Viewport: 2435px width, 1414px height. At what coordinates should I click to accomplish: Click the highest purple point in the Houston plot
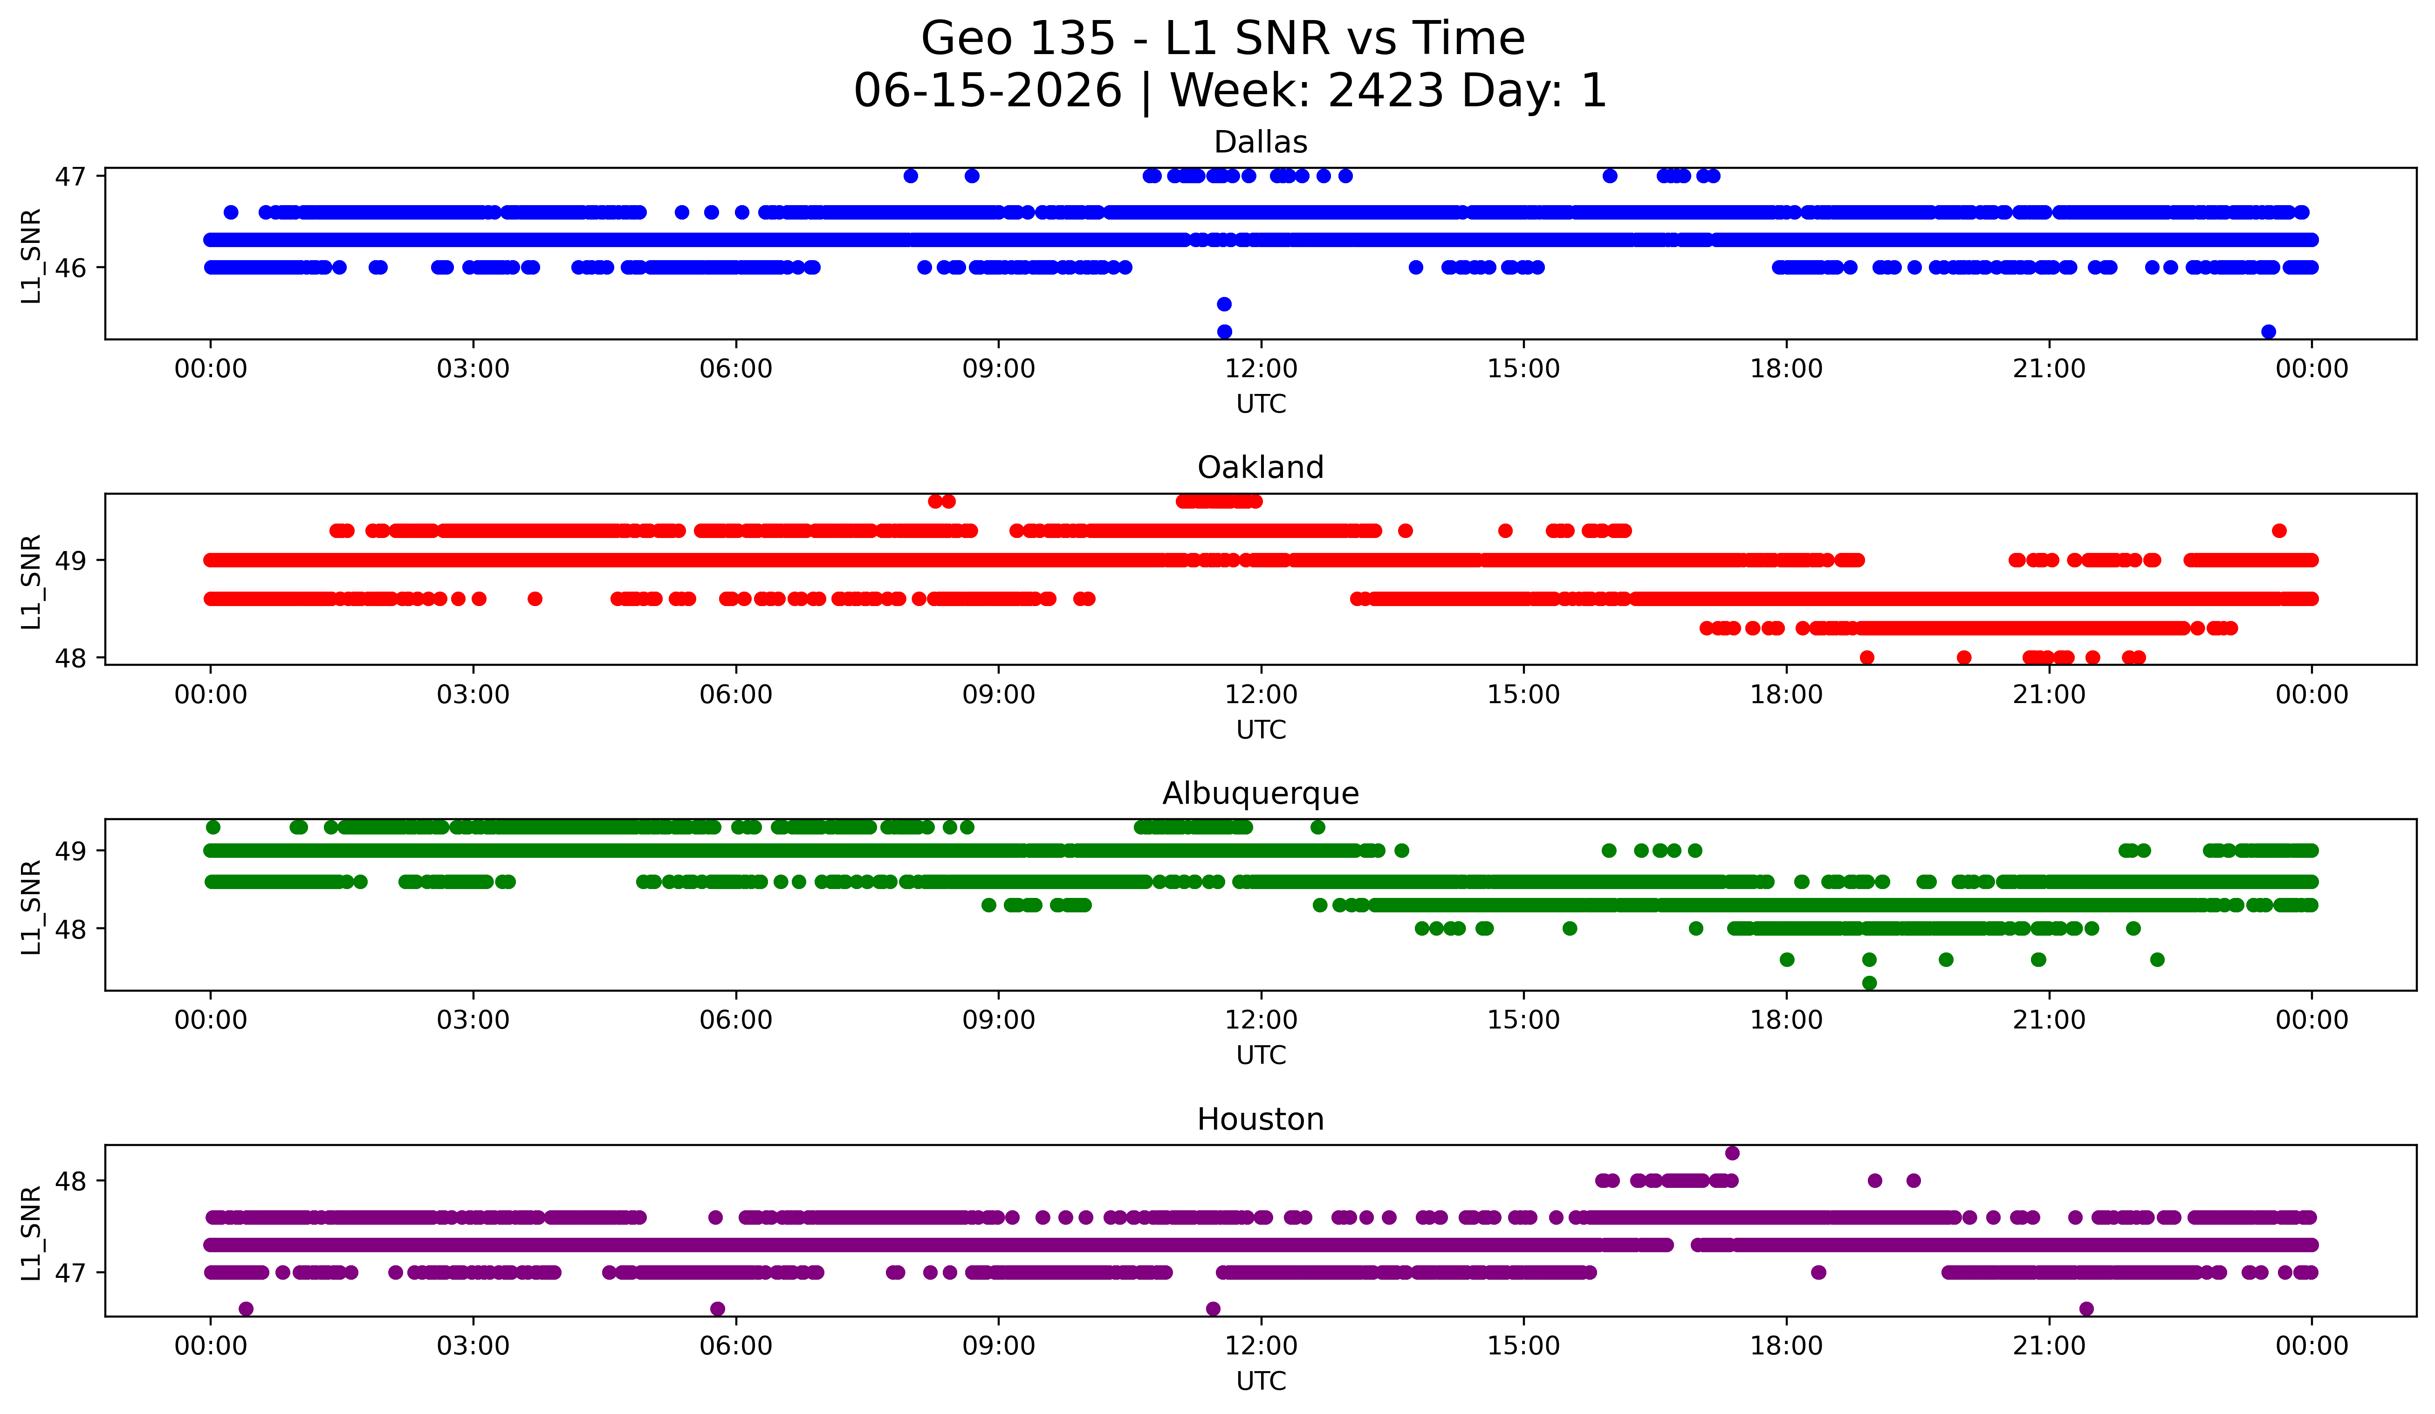(x=1733, y=1153)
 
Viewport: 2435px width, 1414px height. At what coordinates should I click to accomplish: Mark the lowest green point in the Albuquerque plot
(x=1870, y=983)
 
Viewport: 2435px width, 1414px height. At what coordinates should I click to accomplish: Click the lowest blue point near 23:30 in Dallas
(x=2269, y=331)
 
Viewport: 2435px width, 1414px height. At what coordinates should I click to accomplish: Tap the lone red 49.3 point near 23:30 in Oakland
(x=2279, y=531)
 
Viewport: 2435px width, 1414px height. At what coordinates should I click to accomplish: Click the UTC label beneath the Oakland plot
(x=1261, y=730)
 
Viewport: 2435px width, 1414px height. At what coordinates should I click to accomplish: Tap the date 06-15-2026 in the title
(x=988, y=91)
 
